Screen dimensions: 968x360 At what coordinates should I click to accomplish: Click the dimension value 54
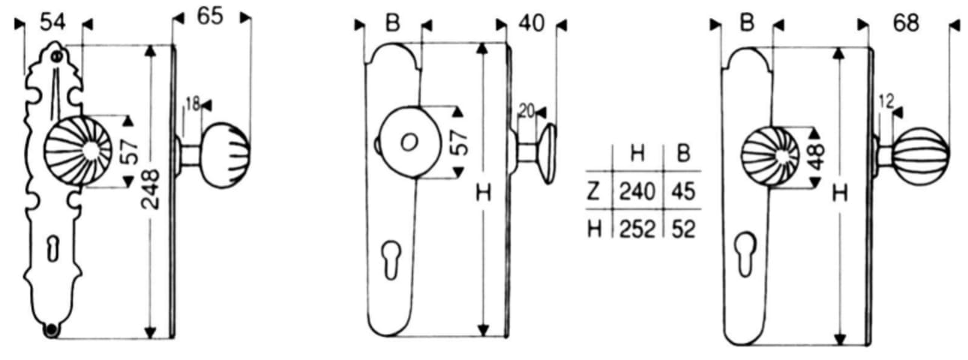pos(52,22)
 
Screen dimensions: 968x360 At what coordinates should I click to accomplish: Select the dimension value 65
pos(210,16)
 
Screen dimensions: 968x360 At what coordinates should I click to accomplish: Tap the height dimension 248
pos(151,190)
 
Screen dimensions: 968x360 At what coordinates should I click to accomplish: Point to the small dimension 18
pos(193,103)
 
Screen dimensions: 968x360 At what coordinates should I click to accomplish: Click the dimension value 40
pos(532,23)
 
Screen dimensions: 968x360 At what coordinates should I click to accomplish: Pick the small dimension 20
pos(527,112)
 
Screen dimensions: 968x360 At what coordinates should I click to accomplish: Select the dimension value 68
pos(906,23)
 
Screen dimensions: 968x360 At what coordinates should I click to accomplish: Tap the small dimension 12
pos(886,102)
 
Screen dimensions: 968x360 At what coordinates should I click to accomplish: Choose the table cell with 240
pos(637,191)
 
